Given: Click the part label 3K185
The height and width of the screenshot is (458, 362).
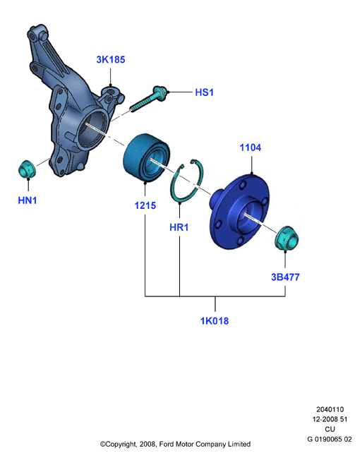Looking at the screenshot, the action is click(111, 59).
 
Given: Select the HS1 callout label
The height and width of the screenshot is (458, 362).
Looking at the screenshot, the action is click(204, 92).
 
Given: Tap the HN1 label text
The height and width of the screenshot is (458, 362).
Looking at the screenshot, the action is click(28, 200).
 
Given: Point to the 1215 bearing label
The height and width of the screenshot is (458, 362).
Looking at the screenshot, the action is click(145, 205).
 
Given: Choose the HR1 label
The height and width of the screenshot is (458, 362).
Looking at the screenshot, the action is click(179, 227).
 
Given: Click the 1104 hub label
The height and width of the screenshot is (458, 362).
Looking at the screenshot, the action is click(251, 147).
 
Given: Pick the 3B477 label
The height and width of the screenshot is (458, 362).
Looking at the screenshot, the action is click(286, 277).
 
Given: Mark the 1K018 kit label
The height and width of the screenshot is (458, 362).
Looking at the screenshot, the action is click(215, 320).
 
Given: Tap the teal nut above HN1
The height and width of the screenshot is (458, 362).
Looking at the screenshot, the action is click(27, 169).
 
